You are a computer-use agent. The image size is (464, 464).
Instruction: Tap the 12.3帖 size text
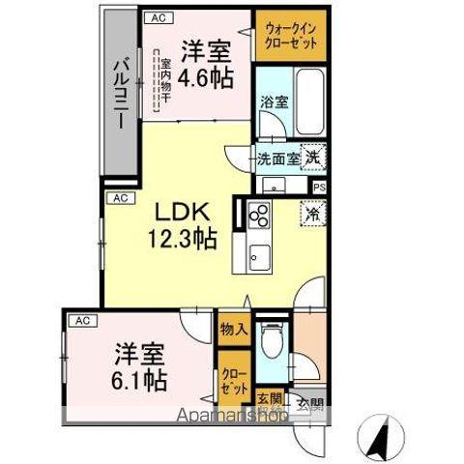(x=181, y=238)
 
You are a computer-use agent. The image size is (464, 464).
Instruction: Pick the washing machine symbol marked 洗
(x=314, y=156)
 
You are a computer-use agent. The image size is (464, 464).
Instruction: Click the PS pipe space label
(x=319, y=187)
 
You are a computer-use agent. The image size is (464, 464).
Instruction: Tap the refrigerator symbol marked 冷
(x=313, y=210)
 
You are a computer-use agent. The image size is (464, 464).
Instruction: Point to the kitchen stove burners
(x=258, y=217)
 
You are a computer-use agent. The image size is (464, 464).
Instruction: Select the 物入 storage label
(x=234, y=329)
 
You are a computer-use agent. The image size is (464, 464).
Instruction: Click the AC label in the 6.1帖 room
(x=82, y=319)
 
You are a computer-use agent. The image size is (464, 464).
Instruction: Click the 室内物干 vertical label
(x=166, y=83)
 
